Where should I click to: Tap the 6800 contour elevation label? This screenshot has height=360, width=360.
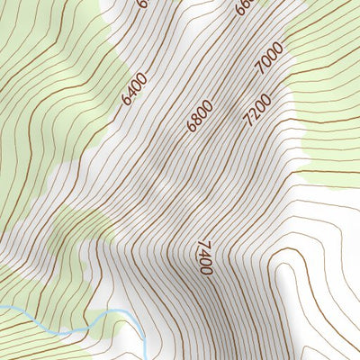[x=200, y=116]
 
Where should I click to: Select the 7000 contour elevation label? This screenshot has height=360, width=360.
[x=269, y=59]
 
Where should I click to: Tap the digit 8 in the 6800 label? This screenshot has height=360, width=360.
[x=197, y=120]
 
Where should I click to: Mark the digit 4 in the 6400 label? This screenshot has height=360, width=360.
[x=130, y=94]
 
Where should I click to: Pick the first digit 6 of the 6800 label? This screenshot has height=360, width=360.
[x=191, y=128]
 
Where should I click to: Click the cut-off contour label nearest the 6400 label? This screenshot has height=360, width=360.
[x=141, y=4]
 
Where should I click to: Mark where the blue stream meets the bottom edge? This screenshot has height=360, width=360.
[x=145, y=358]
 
